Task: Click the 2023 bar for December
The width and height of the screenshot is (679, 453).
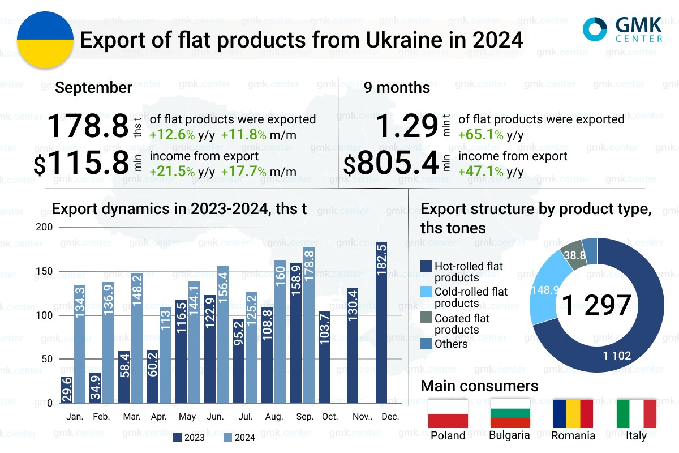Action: [x=381, y=323]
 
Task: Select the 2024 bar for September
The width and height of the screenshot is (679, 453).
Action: [x=309, y=325]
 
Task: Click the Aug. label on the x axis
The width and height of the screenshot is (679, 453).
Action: [x=274, y=417]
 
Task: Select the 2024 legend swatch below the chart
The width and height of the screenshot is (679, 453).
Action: [x=228, y=437]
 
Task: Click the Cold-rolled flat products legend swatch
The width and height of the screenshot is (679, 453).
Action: [x=427, y=292]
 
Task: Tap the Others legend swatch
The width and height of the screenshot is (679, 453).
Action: [x=427, y=344]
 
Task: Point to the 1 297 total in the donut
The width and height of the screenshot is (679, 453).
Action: [x=596, y=305]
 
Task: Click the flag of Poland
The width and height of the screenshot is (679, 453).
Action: [x=448, y=413]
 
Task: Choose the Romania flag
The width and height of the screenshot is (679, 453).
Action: [x=573, y=413]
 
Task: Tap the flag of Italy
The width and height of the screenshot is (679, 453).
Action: [x=636, y=413]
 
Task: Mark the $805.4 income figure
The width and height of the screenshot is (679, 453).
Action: [x=392, y=164]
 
